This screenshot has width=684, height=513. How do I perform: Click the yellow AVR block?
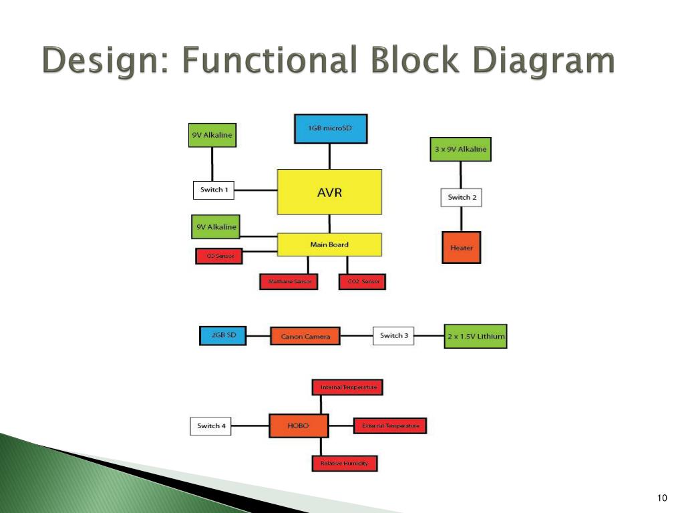tap(329, 192)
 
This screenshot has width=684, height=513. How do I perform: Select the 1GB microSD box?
tap(331, 129)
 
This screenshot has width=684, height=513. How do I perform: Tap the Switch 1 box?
tap(214, 190)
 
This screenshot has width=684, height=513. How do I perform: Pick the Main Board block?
tap(329, 244)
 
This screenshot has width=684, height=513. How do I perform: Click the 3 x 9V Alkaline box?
tap(460, 149)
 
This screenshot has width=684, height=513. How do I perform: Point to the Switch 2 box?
tap(462, 197)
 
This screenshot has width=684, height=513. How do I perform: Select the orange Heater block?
tap(461, 248)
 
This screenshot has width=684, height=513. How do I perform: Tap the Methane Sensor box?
tap(289, 282)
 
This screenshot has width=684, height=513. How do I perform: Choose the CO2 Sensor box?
tap(363, 282)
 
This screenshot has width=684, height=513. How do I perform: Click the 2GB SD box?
tap(223, 335)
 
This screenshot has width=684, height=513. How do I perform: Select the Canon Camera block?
tap(305, 336)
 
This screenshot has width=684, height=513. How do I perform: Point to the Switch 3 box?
tap(393, 335)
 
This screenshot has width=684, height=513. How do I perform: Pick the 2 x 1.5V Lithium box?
tap(476, 336)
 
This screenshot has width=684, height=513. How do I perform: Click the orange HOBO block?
tap(299, 425)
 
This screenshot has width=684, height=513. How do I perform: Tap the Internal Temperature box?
tap(348, 387)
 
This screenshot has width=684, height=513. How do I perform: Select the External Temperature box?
tap(390, 425)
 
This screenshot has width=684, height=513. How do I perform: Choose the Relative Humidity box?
tap(344, 463)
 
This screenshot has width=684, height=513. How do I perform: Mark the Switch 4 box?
tap(211, 425)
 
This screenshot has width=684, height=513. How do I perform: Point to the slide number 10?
tap(662, 498)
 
